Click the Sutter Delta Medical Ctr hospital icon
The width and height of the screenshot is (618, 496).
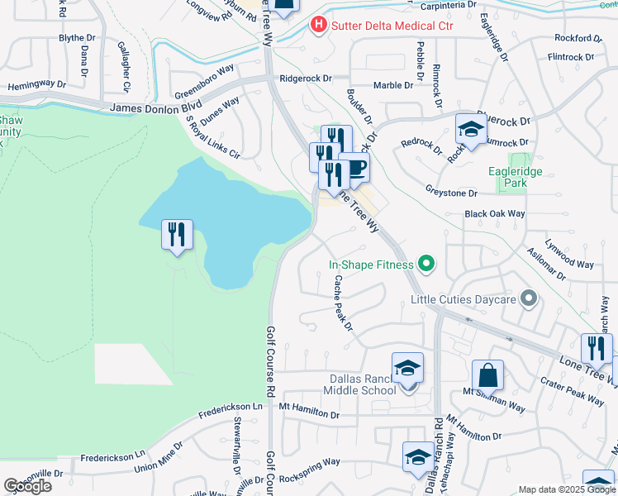pos(318,26)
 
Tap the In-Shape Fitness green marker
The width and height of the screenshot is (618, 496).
pos(426,265)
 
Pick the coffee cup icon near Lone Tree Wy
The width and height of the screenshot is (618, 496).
pos(354,168)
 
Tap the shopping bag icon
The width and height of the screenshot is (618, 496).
pos(487,374)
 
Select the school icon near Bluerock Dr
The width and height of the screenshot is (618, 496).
pos(471,129)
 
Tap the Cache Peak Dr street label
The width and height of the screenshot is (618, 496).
pos(343,303)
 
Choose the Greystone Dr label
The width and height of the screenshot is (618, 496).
pos(451,193)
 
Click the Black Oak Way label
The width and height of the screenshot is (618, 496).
pos(494,213)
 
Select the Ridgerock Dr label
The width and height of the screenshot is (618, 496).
pos(305,79)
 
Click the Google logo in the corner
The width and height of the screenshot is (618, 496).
pos(27,486)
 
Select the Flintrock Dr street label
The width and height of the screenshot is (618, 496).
pos(576,57)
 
